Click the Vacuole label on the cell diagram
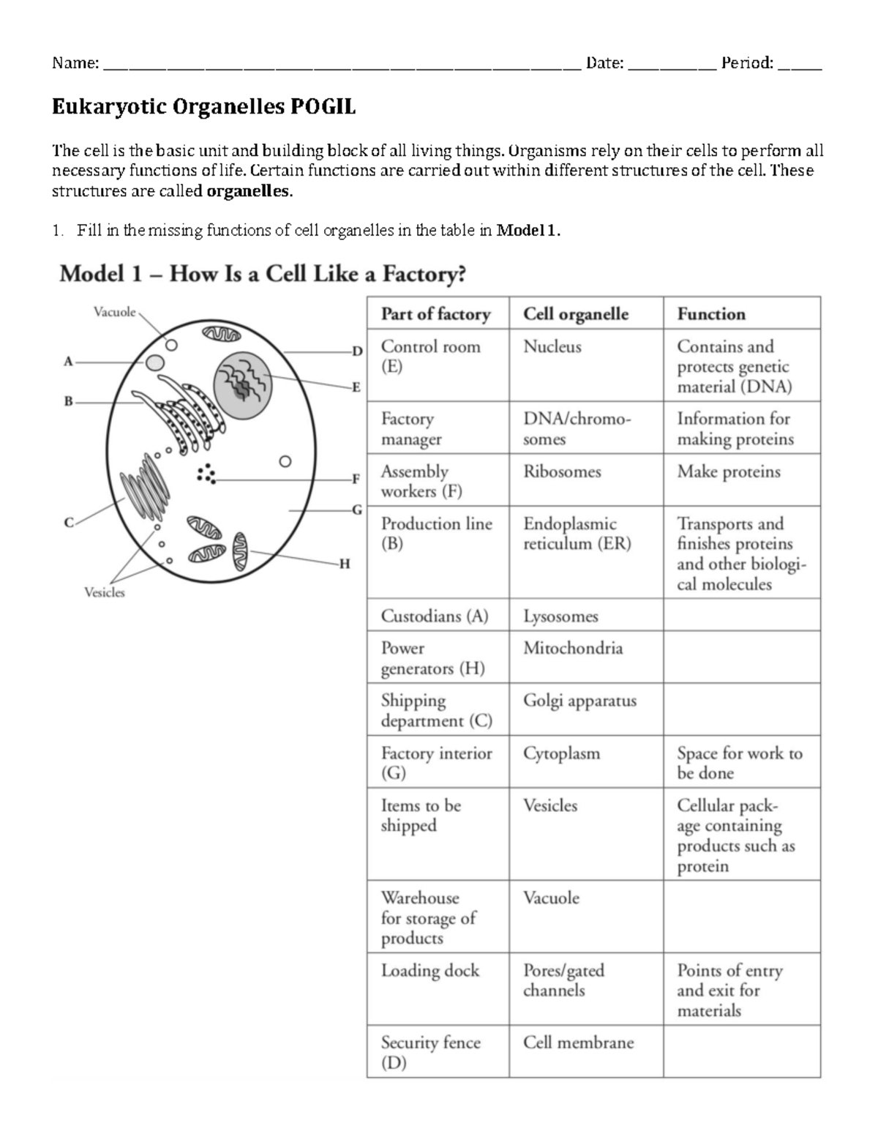click(115, 312)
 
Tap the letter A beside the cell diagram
click(69, 361)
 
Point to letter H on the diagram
click(345, 563)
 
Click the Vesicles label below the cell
click(105, 592)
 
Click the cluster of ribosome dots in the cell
click(207, 474)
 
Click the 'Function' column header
click(710, 314)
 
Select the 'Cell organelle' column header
click(575, 314)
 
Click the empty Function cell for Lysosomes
click(741, 615)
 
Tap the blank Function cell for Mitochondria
click(741, 657)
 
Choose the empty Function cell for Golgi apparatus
click(741, 709)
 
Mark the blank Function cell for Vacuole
click(741, 916)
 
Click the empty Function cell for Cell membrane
click(741, 1051)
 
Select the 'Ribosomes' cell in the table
click(562, 471)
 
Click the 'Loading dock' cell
click(429, 971)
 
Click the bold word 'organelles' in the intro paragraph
click(249, 193)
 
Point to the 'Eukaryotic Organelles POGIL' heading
click(203, 108)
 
